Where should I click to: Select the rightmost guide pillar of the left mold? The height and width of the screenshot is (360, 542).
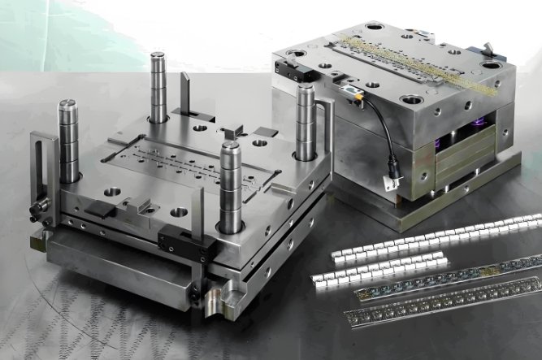click(306, 122)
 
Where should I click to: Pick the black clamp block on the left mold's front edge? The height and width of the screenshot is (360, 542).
click(176, 238)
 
